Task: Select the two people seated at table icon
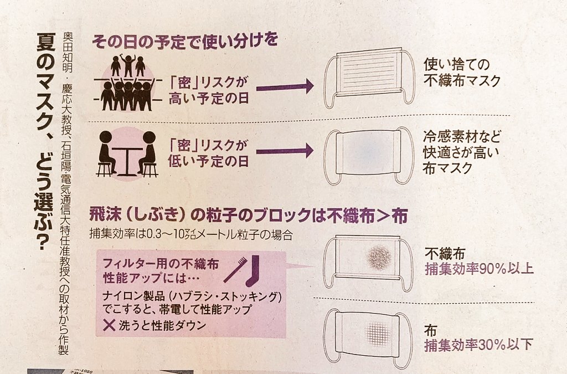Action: pyautogui.click(x=127, y=153)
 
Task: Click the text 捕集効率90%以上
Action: pyautogui.click(x=479, y=270)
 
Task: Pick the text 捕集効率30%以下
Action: pyautogui.click(x=479, y=345)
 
